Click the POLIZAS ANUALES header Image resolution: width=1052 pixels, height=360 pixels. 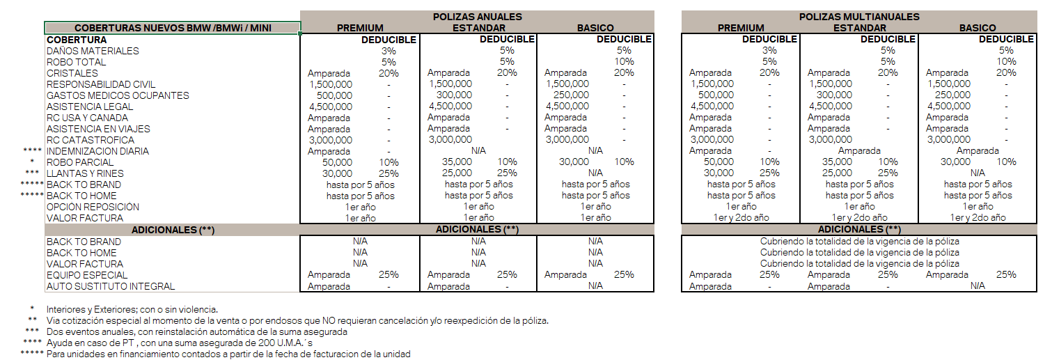tap(477, 17)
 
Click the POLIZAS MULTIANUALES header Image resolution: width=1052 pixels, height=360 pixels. tap(860, 17)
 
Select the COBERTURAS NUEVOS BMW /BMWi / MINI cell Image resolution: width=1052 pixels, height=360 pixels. tap(173, 28)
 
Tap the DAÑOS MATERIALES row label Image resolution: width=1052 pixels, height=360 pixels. tap(93, 51)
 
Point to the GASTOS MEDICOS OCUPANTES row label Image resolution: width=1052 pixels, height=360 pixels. tap(118, 95)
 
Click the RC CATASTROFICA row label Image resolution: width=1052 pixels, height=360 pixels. tap(91, 140)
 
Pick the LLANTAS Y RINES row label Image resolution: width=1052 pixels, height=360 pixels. tap(85, 173)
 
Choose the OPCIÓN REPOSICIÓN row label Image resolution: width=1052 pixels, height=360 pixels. tap(93, 207)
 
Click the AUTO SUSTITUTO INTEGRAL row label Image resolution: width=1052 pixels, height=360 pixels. tap(111, 286)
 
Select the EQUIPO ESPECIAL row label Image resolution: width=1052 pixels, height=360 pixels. tap(87, 275)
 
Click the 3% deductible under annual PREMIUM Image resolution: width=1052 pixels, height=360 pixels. tap(388, 51)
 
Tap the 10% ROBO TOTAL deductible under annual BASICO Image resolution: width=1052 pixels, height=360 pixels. tap(624, 62)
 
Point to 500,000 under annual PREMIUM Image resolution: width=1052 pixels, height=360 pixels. tap(330, 95)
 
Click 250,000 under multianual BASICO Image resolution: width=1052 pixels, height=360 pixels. tap(952, 95)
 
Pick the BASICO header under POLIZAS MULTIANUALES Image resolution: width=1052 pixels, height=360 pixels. tap(978, 28)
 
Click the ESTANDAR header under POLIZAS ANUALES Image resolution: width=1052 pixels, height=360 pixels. tap(478, 28)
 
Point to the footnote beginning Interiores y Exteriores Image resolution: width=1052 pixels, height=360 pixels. tap(132, 309)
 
